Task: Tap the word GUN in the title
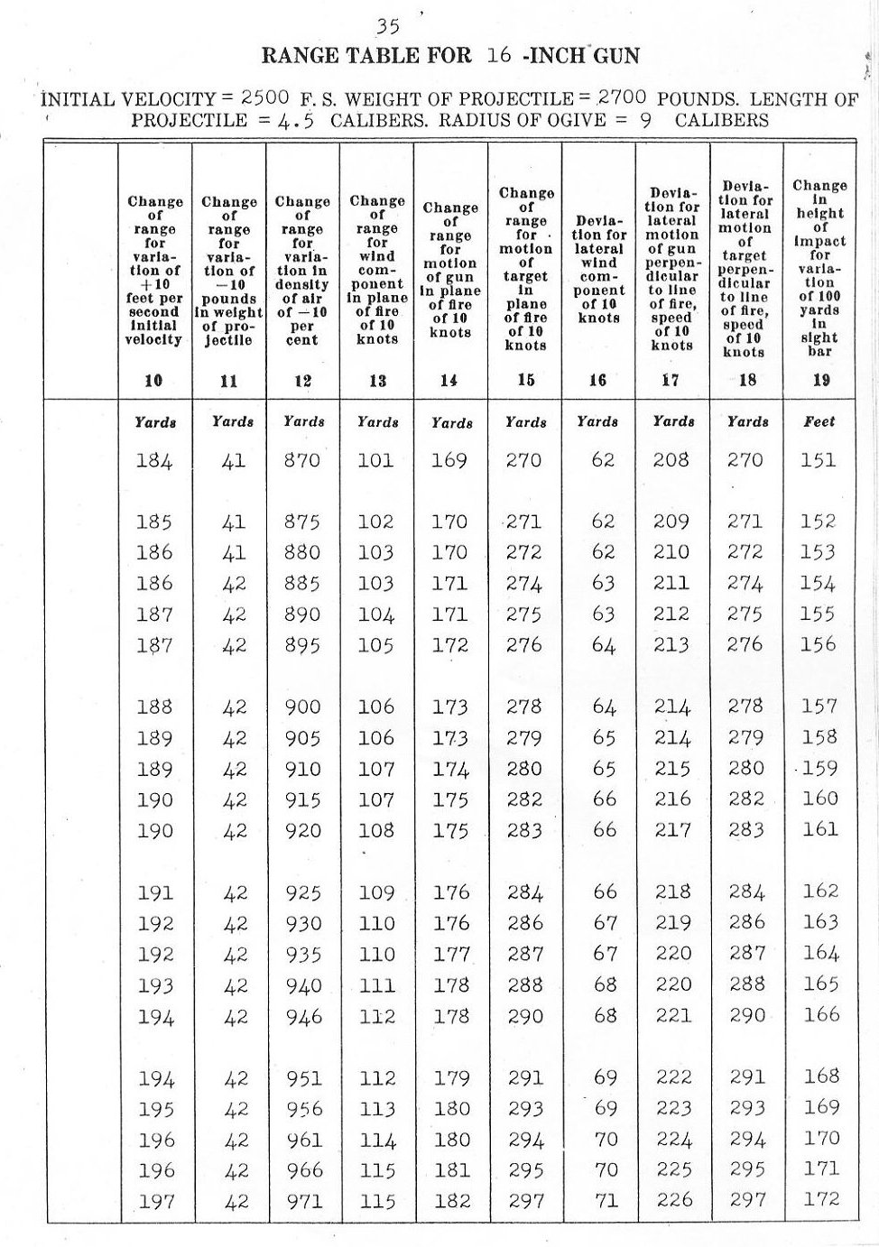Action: coord(616,56)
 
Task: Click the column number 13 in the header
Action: coord(377,381)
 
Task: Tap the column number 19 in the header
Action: coord(819,380)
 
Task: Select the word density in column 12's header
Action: coord(302,285)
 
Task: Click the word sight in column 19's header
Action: coord(819,337)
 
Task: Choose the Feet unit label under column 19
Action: coord(819,421)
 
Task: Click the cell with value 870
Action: coord(302,460)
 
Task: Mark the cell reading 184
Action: coord(154,461)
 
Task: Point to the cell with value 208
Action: coord(671,460)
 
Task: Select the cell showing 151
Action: coord(819,460)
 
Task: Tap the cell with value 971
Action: coord(303,1202)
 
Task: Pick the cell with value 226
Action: coord(673,1200)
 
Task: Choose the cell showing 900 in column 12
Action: coord(302,707)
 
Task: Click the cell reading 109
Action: coord(376,893)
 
